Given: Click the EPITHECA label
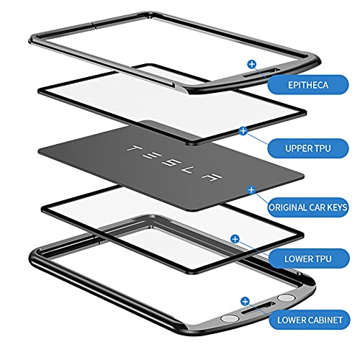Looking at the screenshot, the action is (308, 85).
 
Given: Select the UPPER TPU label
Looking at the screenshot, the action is (308, 148).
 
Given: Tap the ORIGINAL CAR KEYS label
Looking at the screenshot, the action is (308, 207).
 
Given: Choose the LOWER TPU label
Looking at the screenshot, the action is (309, 258).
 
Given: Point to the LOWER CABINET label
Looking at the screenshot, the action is (310, 320).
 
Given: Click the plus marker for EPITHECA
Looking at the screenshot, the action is (252, 64).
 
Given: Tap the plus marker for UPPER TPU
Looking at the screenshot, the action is (243, 131).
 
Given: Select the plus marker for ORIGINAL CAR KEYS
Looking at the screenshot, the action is (251, 190).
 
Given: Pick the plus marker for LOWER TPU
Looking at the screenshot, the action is (235, 239).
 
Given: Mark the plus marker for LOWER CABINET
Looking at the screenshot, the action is (245, 302).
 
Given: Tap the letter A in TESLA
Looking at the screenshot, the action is (212, 177).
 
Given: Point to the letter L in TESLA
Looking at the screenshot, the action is (189, 169).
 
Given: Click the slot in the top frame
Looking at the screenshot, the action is (261, 73).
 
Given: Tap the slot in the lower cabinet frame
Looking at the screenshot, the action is (258, 308).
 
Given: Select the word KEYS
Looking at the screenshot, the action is (336, 207).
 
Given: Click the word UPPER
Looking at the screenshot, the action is (297, 148).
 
